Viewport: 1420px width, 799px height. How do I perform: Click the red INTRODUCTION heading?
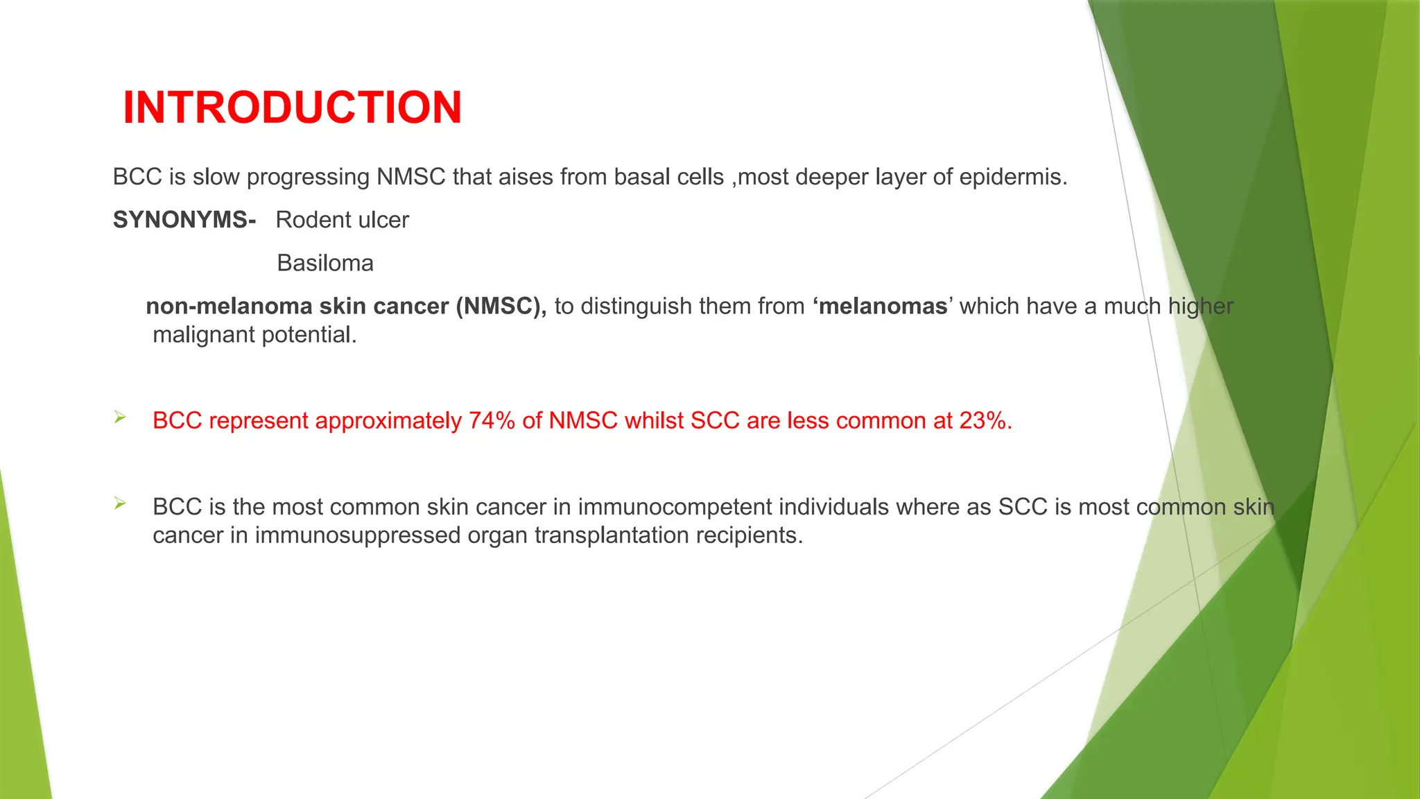pyautogui.click(x=292, y=108)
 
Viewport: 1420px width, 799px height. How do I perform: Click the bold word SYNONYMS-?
pyautogui.click(x=184, y=220)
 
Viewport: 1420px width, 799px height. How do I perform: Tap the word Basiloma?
pyautogui.click(x=324, y=263)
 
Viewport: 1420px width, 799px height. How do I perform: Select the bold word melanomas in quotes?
pyautogui.click(x=882, y=306)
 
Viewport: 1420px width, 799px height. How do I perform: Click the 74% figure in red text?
pyautogui.click(x=492, y=421)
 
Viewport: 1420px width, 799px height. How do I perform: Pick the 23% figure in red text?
pyautogui.click(x=985, y=421)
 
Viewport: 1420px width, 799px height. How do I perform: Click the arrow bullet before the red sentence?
pyautogui.click(x=120, y=418)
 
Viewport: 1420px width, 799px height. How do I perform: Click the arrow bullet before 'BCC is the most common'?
pyautogui.click(x=120, y=504)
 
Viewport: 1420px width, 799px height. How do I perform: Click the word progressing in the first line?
pyautogui.click(x=308, y=177)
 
